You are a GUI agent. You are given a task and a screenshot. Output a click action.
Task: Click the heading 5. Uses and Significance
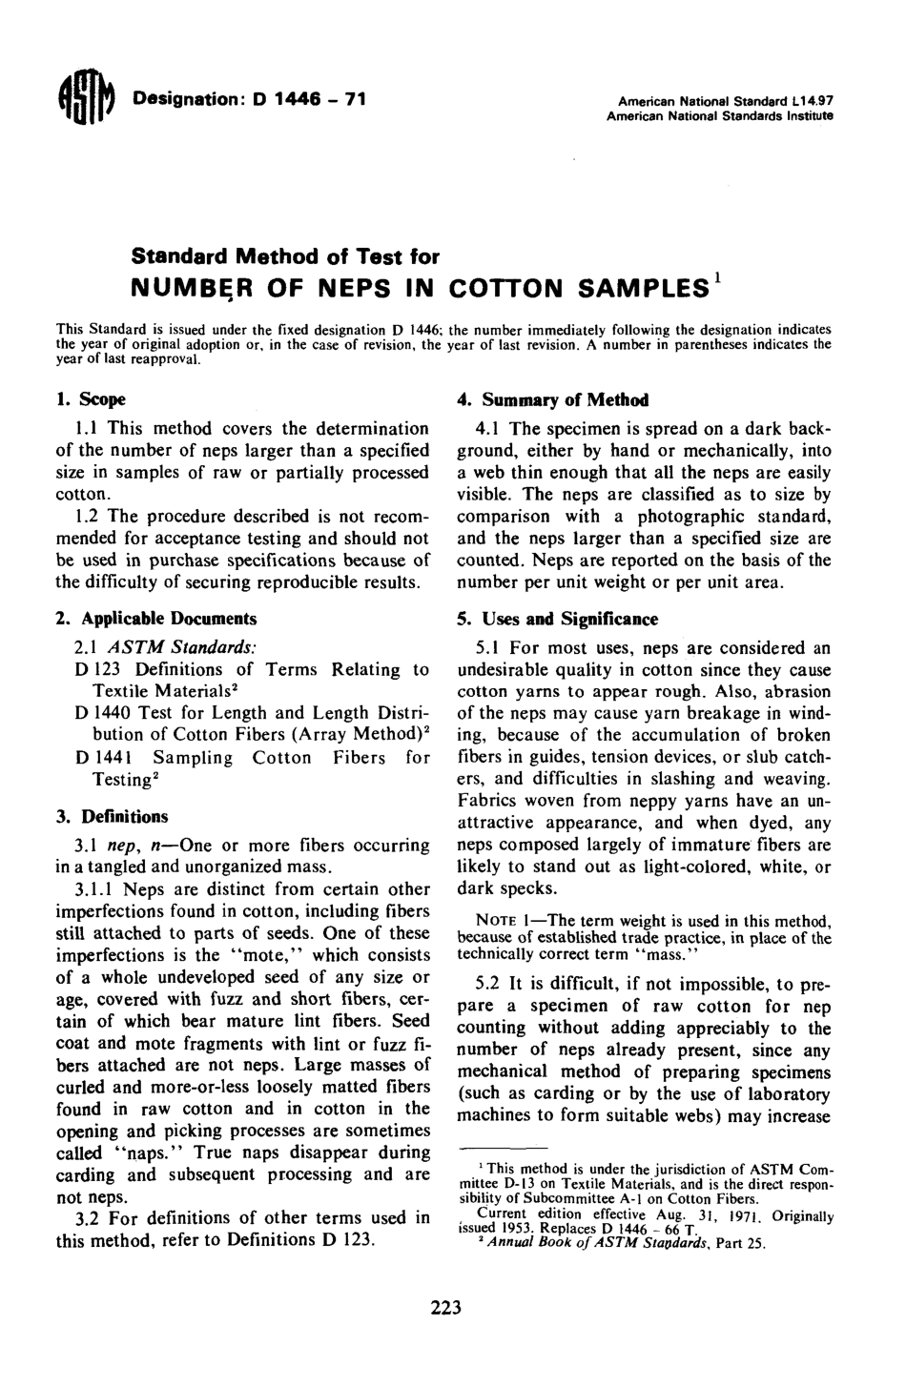557,619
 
